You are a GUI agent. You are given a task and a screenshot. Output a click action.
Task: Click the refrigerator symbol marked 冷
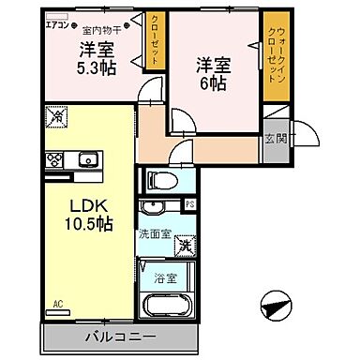tap(53, 119)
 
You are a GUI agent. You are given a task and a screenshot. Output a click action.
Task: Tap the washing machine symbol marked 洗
tap(187, 243)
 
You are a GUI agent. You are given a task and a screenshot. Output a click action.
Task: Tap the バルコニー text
tap(122, 336)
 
